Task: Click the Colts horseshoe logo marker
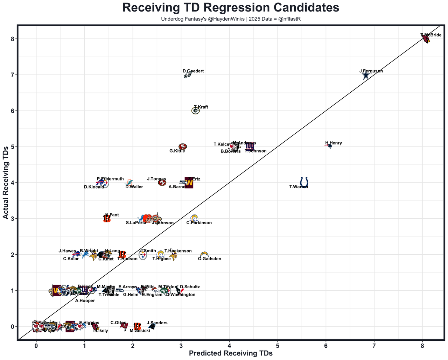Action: [x=304, y=182]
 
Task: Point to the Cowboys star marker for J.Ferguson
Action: [x=366, y=75]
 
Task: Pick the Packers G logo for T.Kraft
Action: [x=196, y=111]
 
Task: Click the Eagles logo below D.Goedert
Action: [x=188, y=75]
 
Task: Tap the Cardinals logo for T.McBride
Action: [x=426, y=39]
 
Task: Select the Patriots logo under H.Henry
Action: [x=329, y=146]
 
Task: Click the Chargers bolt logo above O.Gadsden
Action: [x=204, y=254]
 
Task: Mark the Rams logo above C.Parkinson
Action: [x=194, y=218]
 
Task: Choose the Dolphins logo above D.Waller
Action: [x=129, y=182]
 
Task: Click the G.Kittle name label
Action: [x=177, y=151]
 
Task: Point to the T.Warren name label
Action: [x=299, y=187]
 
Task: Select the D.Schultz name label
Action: [x=190, y=287]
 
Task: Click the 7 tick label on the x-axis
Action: [x=374, y=345]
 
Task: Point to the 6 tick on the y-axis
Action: [x=12, y=111]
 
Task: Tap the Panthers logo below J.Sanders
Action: [x=152, y=326]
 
